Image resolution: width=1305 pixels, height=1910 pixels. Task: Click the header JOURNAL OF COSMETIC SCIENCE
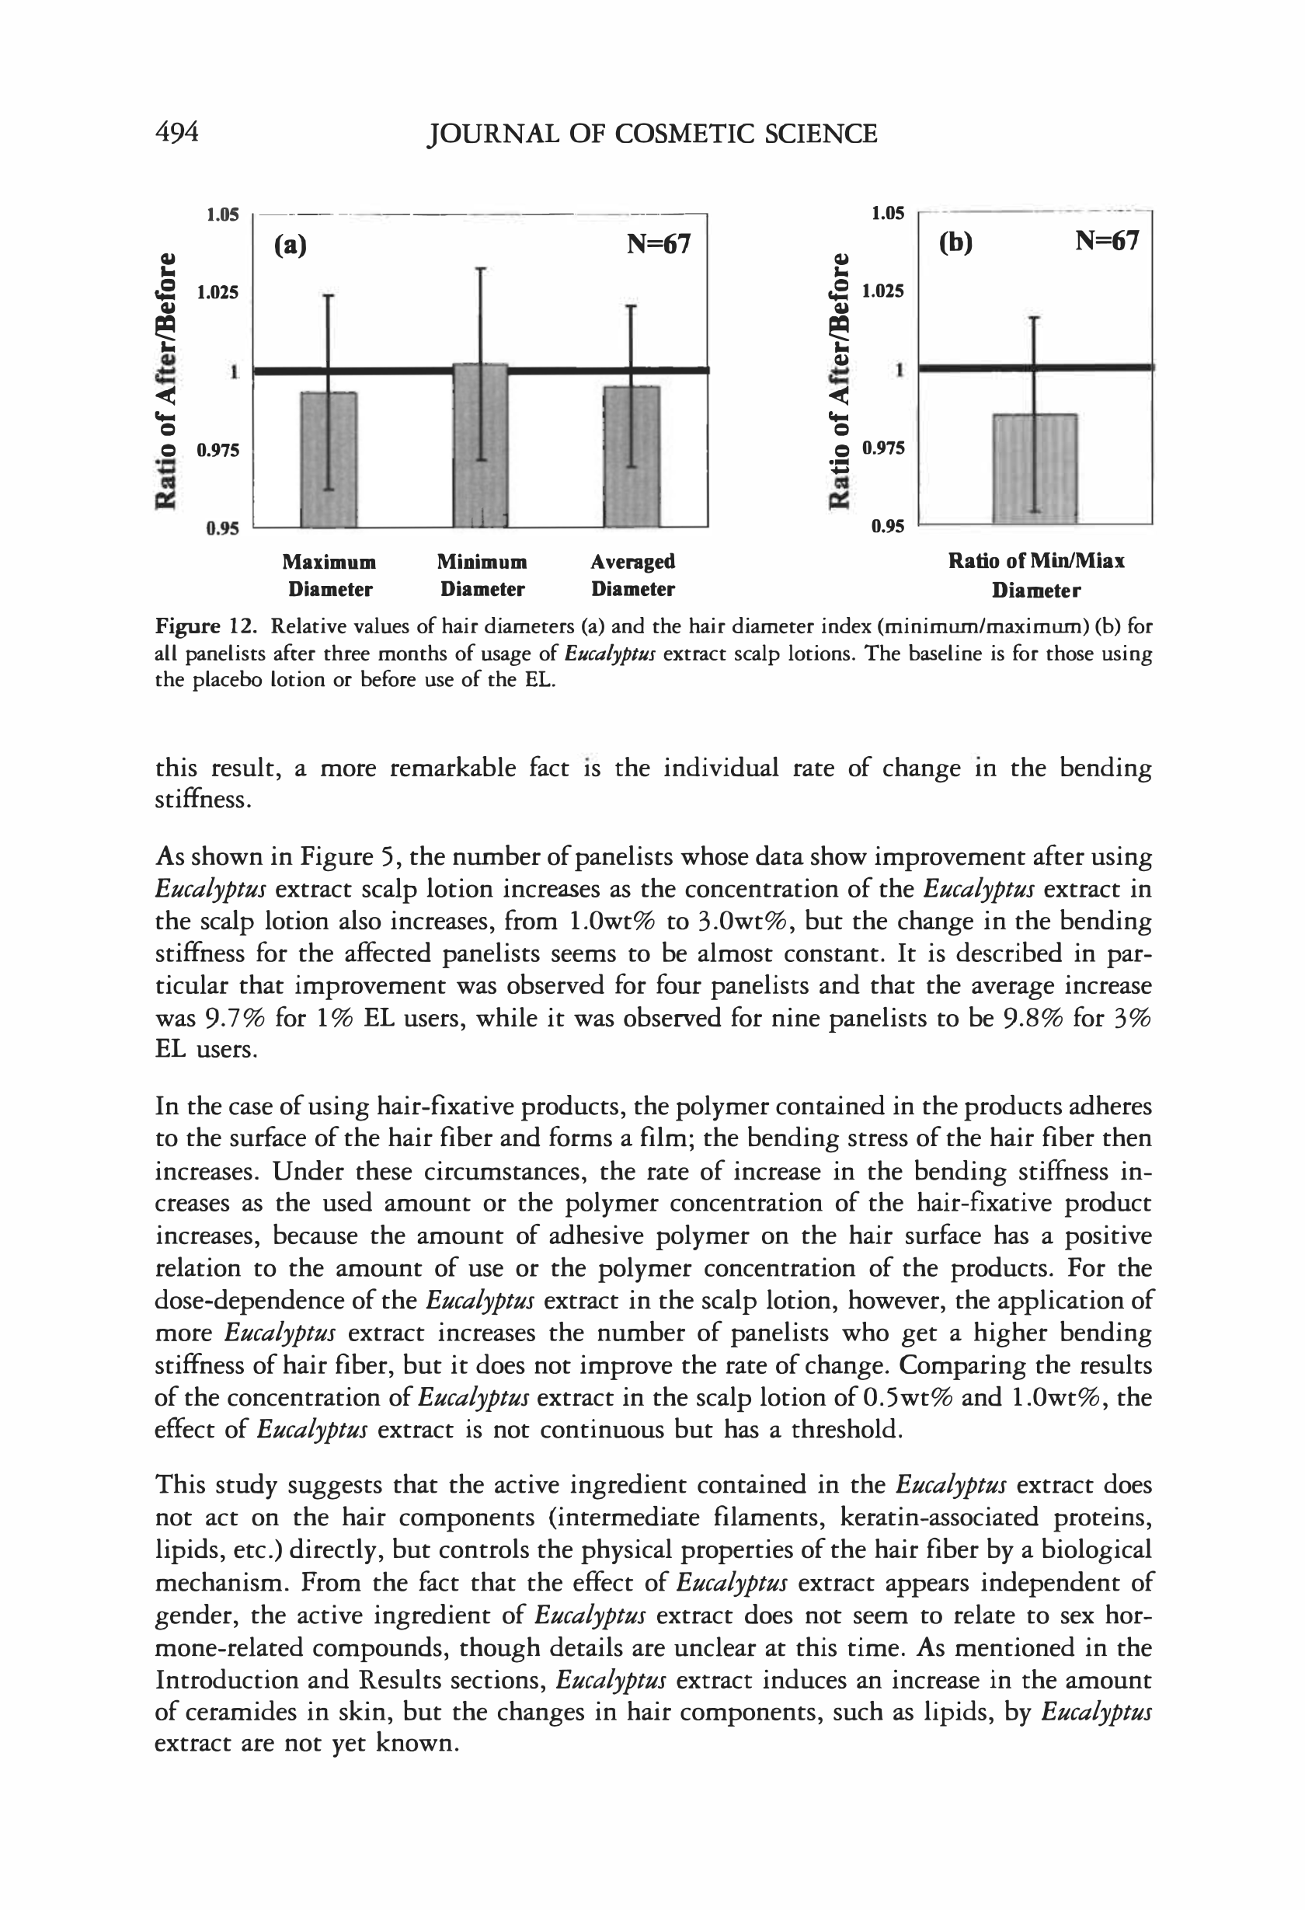tap(652, 133)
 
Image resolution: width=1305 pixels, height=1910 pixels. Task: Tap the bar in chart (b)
tap(1035, 468)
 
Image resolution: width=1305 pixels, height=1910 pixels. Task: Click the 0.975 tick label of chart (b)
tap(883, 448)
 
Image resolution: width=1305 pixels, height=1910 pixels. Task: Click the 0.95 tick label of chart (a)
tap(222, 528)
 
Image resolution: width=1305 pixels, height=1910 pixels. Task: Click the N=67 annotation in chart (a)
tap(658, 244)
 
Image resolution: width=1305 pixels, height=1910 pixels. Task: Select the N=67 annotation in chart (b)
tap(1107, 241)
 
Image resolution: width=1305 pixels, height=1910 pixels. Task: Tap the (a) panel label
tap(290, 245)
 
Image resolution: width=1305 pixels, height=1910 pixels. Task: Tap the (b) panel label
tap(955, 242)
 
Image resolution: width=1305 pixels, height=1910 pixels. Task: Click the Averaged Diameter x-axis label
tap(633, 575)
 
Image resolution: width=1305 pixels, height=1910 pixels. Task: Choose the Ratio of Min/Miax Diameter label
tap(1036, 575)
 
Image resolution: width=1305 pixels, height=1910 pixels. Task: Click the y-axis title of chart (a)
tap(166, 380)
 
